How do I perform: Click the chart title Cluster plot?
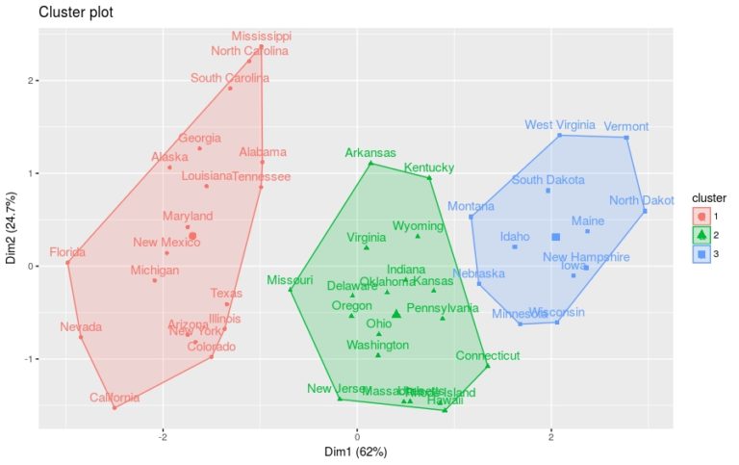73,13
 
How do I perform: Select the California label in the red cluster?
115,398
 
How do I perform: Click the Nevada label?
80,327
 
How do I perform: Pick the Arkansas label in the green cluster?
370,153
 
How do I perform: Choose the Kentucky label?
428,168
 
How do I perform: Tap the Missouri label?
290,280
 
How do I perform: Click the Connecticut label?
488,355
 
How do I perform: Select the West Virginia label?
558,125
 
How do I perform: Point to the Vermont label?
626,126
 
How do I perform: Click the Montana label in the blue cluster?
471,206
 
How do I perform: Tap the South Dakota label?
548,180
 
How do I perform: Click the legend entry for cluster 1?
701,217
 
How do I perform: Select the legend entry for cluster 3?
701,254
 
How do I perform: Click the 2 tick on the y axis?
28,82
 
